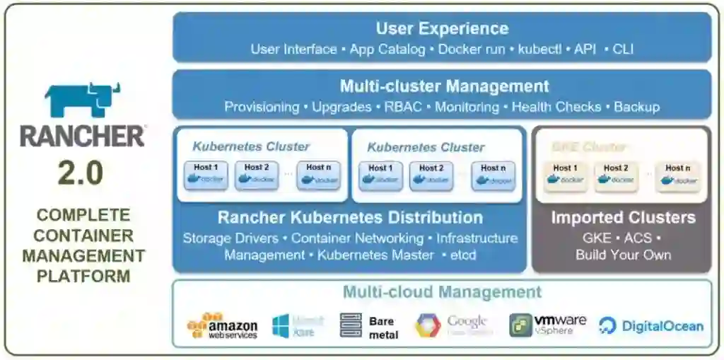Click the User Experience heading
point(442,29)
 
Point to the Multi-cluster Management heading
point(444,86)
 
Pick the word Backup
point(636,107)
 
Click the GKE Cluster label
point(588,147)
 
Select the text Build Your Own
point(623,255)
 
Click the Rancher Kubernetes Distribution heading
point(350,217)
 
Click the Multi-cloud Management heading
point(442,292)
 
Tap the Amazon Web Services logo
point(222,325)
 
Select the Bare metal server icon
point(351,325)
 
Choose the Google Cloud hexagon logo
point(428,325)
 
